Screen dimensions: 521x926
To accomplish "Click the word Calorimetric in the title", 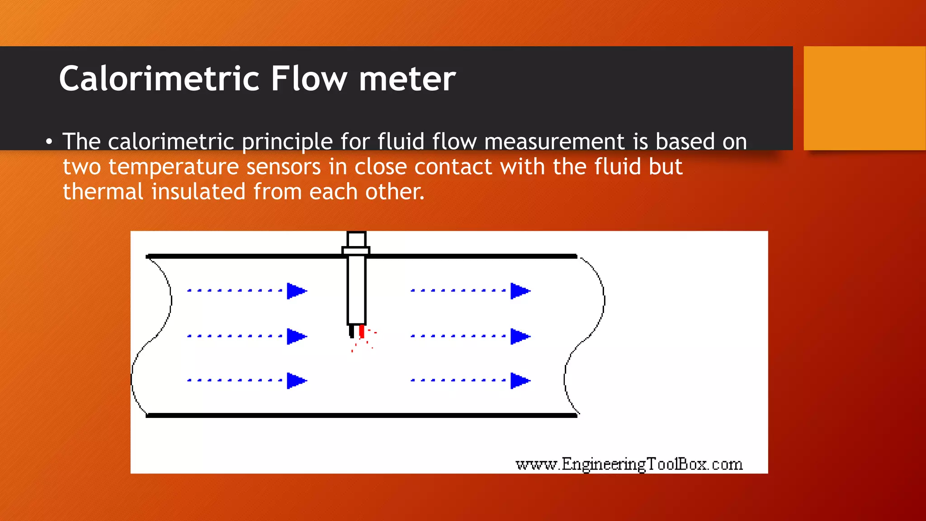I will (x=160, y=79).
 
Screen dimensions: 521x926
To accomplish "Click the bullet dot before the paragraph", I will (x=49, y=142).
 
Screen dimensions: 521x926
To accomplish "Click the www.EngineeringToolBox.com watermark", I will (x=629, y=464).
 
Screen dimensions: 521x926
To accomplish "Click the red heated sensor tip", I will (x=361, y=332).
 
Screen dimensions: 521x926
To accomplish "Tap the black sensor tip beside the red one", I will (x=352, y=332).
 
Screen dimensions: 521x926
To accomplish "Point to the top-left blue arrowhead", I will (x=297, y=291).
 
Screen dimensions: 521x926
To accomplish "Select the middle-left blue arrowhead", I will (x=297, y=336).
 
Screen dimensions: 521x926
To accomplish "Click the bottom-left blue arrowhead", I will (x=297, y=381).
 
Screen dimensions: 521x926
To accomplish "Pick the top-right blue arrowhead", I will (x=520, y=291).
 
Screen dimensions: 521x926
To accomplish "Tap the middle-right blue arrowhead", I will (x=520, y=336).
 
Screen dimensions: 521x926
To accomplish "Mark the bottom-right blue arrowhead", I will (x=520, y=381).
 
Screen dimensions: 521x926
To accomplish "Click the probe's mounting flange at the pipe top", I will (x=356, y=251).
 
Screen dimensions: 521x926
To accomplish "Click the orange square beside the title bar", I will (x=865, y=98).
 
